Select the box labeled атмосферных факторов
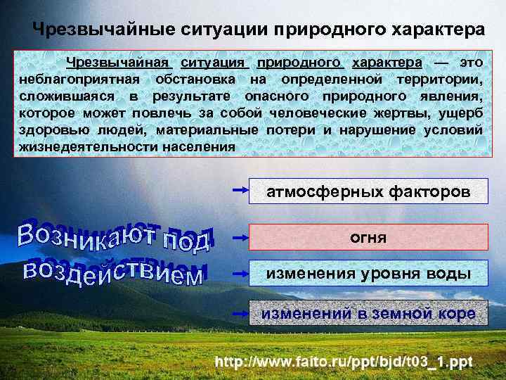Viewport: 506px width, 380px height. click(368, 191)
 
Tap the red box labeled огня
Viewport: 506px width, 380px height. click(368, 238)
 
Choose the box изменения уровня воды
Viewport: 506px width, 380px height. click(368, 274)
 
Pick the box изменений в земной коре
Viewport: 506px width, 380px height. click(368, 313)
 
